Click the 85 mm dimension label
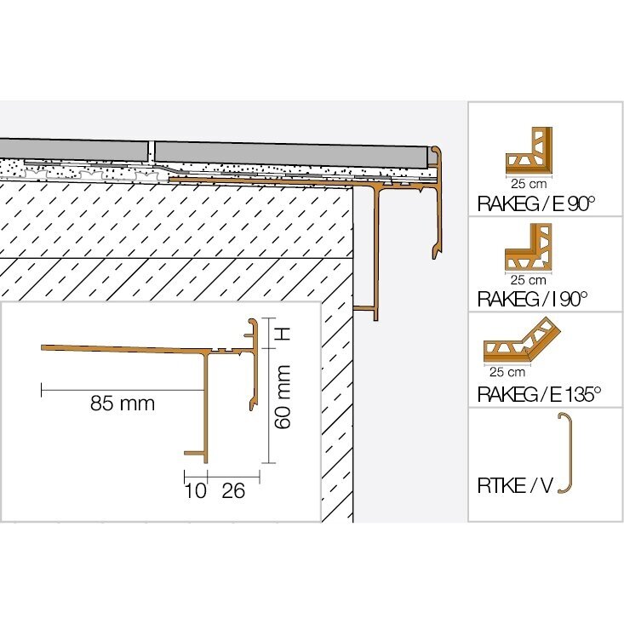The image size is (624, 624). [x=123, y=404]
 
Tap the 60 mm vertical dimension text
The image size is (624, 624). [x=283, y=398]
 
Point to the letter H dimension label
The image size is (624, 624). [x=283, y=334]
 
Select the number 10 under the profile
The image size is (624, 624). [x=196, y=490]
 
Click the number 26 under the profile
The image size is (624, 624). [x=233, y=490]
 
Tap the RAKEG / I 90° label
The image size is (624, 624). [x=532, y=299]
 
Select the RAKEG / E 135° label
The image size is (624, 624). [x=539, y=394]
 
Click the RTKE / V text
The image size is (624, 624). [x=515, y=485]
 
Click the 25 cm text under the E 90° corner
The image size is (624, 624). [x=529, y=184]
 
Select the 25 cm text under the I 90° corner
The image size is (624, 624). [x=528, y=280]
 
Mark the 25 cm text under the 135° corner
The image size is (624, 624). [x=507, y=372]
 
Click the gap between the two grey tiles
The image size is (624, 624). [x=151, y=152]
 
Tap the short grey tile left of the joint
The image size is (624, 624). [x=73, y=149]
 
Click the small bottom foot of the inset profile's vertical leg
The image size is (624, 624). [x=196, y=453]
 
